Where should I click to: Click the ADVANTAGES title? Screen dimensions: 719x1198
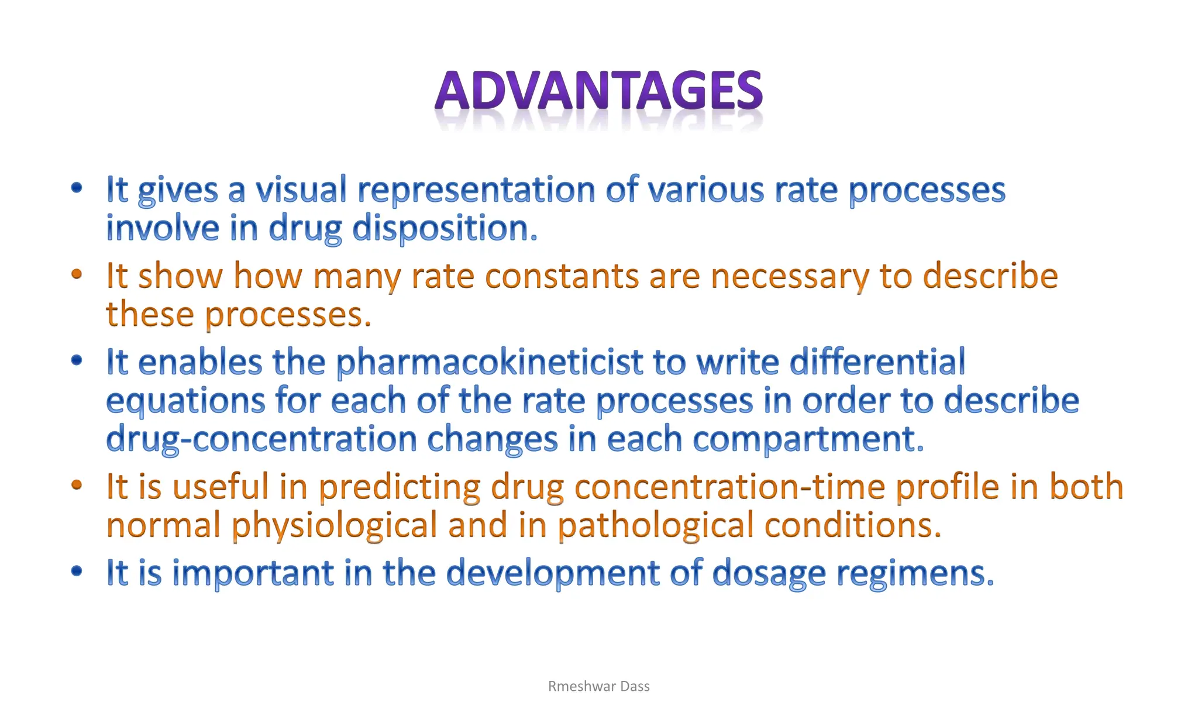tap(598, 92)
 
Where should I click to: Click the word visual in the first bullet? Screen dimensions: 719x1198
tap(301, 190)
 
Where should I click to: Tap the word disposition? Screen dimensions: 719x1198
tap(445, 228)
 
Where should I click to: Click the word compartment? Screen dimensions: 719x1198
tap(808, 439)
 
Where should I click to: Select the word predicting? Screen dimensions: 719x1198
tap(400, 487)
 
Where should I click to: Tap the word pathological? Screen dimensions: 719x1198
tap(655, 525)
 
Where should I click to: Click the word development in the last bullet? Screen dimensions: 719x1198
tap(553, 573)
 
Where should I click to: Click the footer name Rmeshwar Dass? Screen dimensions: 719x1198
tap(598, 686)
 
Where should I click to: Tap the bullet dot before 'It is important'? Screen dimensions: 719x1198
tap(77, 571)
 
